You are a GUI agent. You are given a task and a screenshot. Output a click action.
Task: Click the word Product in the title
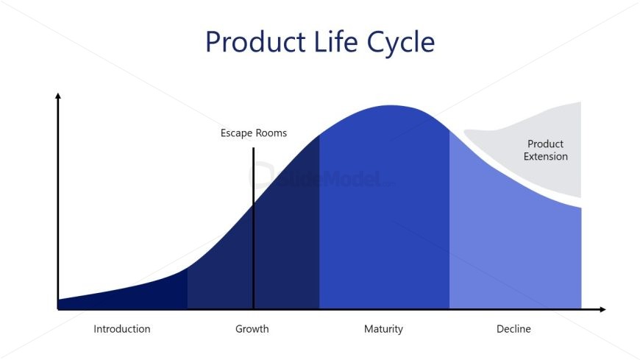pyautogui.click(x=255, y=42)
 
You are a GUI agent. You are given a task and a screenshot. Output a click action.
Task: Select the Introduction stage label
pyautogui.click(x=122, y=329)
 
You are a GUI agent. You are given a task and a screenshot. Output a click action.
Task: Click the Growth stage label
pyautogui.click(x=252, y=329)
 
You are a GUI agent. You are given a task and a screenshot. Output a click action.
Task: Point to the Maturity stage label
pyautogui.click(x=383, y=329)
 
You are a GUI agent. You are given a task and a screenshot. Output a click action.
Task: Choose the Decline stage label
pyautogui.click(x=513, y=329)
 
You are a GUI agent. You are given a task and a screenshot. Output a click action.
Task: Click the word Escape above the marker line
pyautogui.click(x=235, y=133)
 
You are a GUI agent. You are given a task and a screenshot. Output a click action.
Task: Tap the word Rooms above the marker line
pyautogui.click(x=270, y=133)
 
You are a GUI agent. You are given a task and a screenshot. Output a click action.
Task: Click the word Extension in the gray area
pyautogui.click(x=546, y=157)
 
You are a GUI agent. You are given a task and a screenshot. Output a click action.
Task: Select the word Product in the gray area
pyautogui.click(x=545, y=144)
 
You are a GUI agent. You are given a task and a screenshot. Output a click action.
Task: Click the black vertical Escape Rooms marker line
pyautogui.click(x=254, y=228)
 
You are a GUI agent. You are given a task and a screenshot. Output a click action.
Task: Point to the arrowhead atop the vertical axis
pyautogui.click(x=58, y=96)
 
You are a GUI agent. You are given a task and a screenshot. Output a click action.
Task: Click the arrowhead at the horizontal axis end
pyautogui.click(x=603, y=309)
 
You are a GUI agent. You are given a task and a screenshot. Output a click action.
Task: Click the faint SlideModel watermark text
pyautogui.click(x=322, y=178)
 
